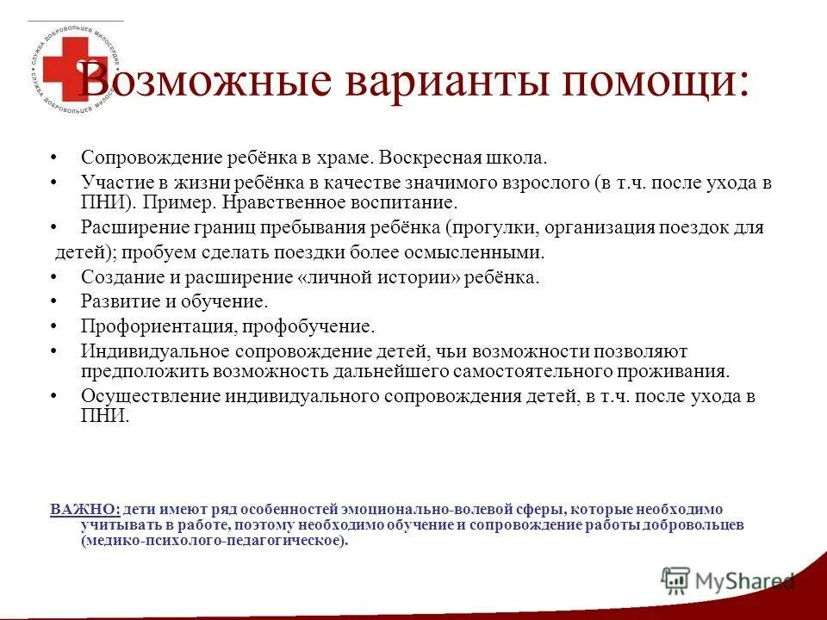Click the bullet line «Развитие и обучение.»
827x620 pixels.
point(175,302)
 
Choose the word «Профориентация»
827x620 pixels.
point(159,327)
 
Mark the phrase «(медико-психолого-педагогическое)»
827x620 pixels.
point(215,541)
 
